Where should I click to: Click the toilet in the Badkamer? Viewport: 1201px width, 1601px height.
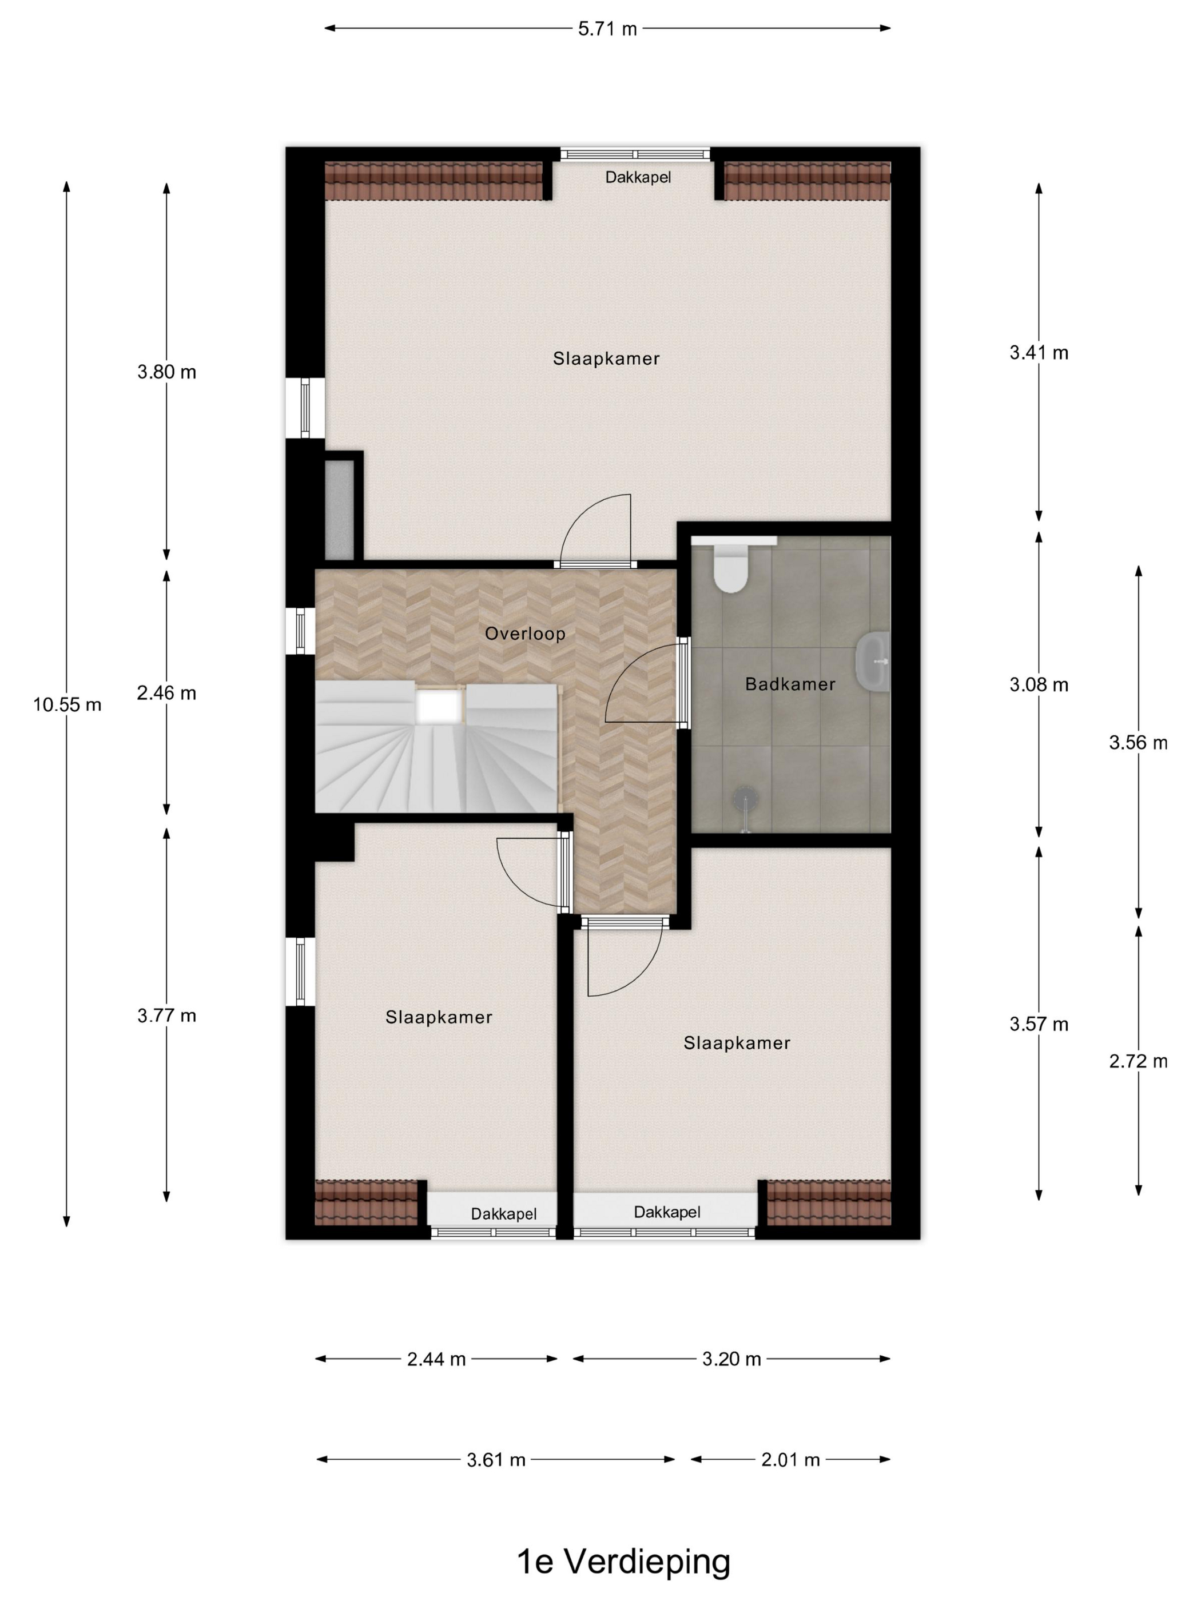[x=729, y=568]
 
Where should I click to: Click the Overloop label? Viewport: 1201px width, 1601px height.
[x=525, y=634]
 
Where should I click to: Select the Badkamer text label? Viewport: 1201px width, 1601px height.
[x=790, y=684]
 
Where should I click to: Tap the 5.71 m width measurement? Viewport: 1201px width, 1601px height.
[x=607, y=29]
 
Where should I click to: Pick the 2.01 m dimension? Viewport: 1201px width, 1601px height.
[x=790, y=1460]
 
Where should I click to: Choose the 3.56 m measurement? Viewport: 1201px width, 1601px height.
[x=1138, y=743]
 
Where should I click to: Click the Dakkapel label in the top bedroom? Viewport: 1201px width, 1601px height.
[x=638, y=177]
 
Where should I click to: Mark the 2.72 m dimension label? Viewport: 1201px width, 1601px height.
[x=1138, y=1061]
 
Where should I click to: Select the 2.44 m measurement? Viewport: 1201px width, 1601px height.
[x=436, y=1359]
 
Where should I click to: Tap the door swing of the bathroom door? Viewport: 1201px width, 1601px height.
[x=641, y=688]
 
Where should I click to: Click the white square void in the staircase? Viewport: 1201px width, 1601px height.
[x=439, y=706]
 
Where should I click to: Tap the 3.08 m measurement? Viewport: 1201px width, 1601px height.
[x=1038, y=684]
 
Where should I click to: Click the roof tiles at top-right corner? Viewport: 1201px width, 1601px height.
[x=806, y=181]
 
